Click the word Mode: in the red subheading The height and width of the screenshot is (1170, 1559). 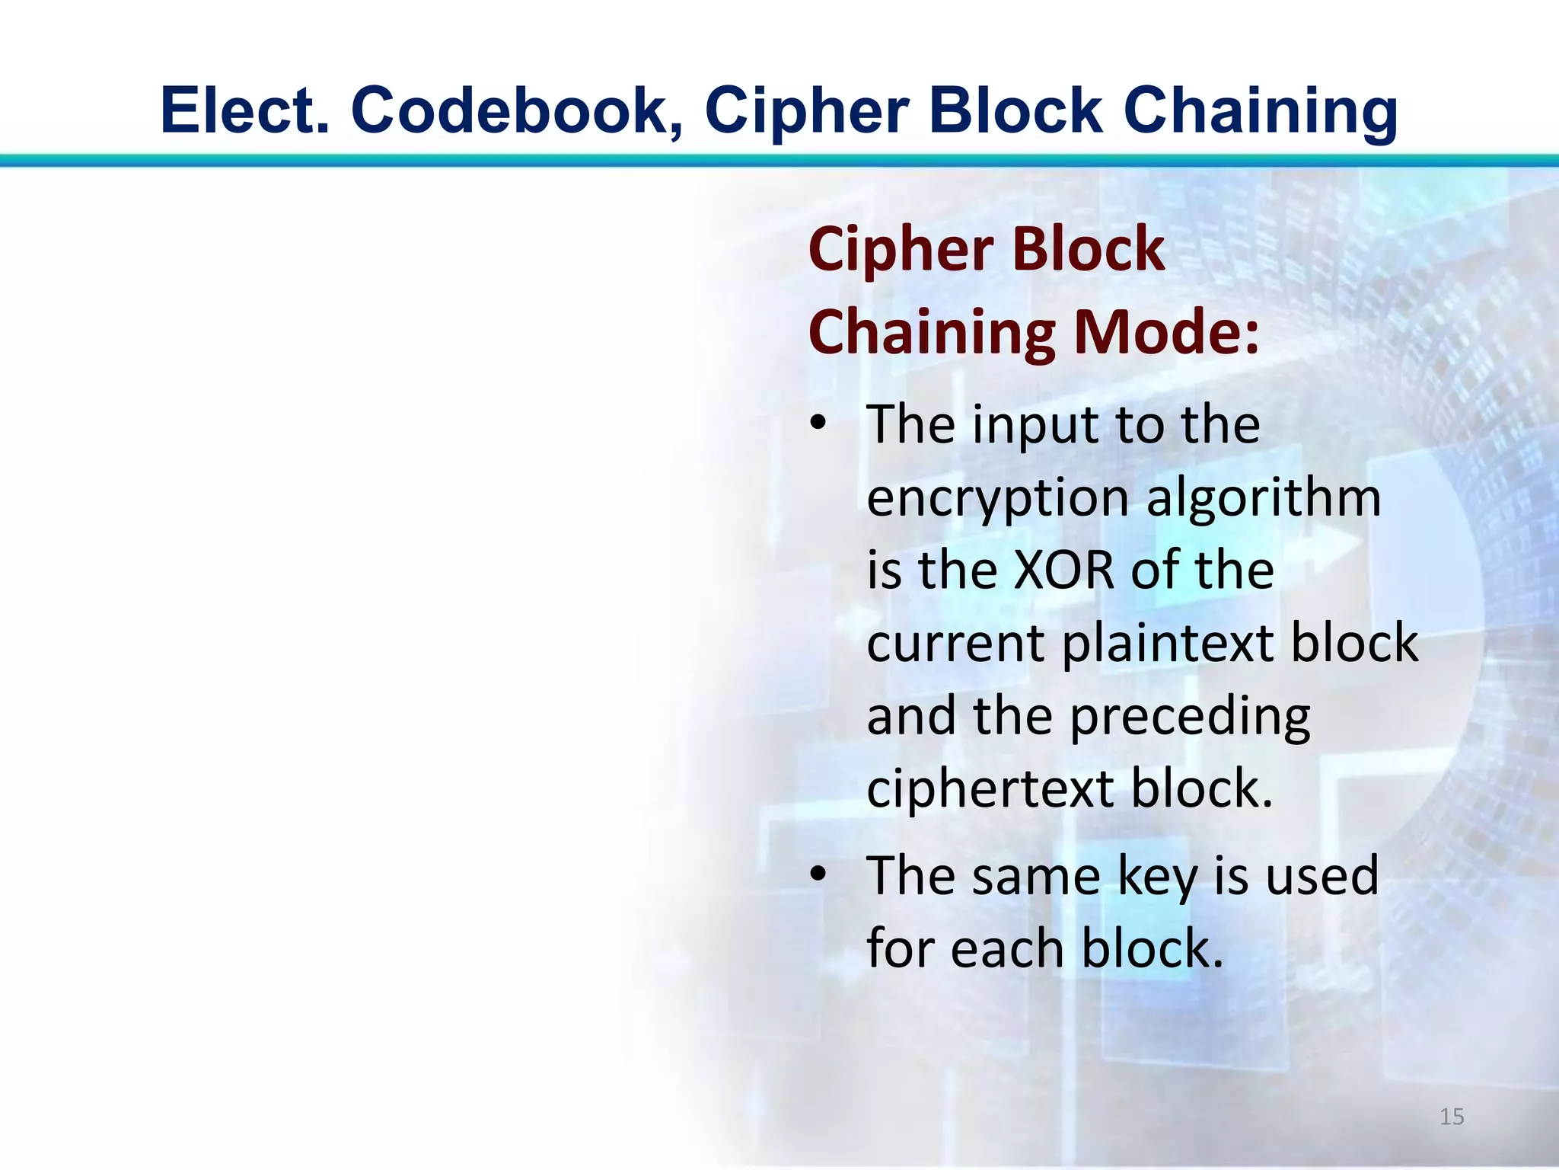[1165, 332]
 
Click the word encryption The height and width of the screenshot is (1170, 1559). [997, 498]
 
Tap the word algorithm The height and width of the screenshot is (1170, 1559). [1263, 498]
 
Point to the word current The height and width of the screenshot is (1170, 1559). [956, 643]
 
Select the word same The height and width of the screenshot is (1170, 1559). [1036, 876]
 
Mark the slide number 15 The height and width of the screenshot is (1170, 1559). [1452, 1117]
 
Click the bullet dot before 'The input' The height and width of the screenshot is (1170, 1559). [818, 424]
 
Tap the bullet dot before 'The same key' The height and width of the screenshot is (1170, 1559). [818, 874]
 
